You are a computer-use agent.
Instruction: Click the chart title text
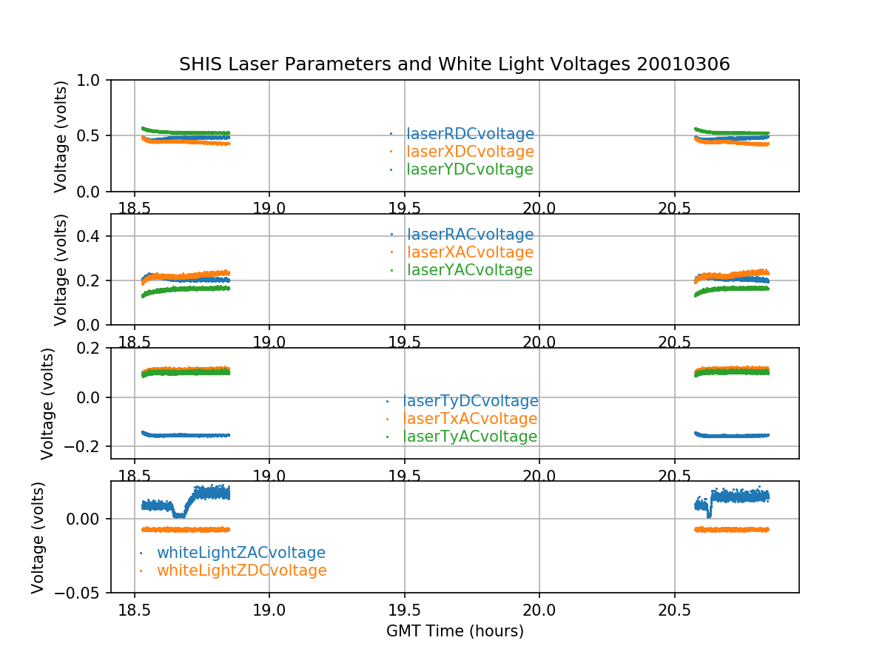[454, 64]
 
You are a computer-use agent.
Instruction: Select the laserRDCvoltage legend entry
[470, 134]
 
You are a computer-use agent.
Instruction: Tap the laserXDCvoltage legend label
[470, 152]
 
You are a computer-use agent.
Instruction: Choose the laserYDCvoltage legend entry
[470, 169]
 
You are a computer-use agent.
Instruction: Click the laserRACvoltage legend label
[470, 235]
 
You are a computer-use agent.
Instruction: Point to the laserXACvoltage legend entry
[470, 252]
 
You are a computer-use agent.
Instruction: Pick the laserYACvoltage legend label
[470, 270]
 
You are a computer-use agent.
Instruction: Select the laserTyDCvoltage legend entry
[470, 401]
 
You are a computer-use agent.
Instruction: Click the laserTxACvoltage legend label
[470, 419]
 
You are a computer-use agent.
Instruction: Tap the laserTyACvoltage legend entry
[470, 437]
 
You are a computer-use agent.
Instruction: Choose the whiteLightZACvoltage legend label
[240, 553]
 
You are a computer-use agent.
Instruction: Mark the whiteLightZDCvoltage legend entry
[241, 571]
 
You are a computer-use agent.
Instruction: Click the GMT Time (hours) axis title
[454, 631]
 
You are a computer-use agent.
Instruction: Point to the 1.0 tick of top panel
[92, 80]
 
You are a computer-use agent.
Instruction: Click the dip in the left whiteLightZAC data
[179, 514]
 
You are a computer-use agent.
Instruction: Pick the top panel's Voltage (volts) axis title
[61, 136]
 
